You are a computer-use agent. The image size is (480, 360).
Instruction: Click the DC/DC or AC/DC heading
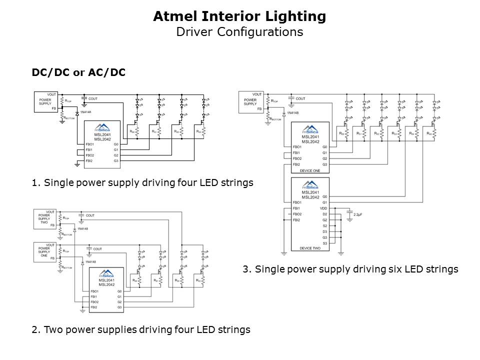point(78,72)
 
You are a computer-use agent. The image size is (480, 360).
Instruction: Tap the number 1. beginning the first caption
point(35,183)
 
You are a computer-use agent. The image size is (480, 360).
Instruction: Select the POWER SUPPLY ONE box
point(44,249)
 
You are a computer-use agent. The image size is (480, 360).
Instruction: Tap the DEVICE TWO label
point(309,248)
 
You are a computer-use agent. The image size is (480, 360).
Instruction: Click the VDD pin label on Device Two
point(323,208)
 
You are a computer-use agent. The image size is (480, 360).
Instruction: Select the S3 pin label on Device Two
point(324,243)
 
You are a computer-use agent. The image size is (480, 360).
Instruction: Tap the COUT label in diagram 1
point(92,99)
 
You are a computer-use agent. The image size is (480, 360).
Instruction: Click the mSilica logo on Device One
point(310,128)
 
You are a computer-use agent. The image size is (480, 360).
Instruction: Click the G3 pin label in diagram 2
point(119,307)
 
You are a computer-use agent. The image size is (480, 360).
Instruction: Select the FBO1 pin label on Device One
point(296,147)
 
